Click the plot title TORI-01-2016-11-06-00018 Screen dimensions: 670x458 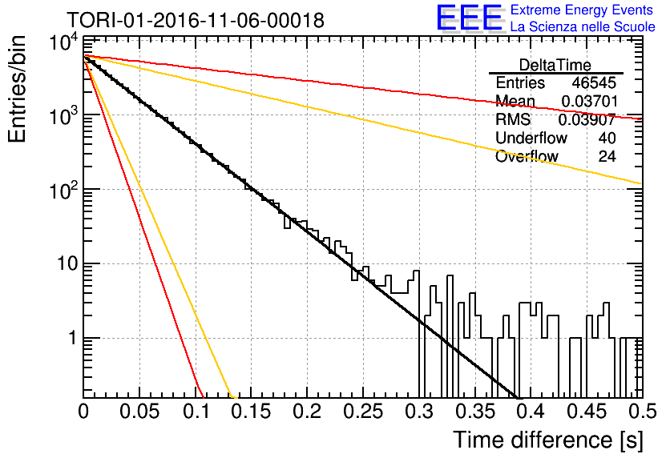tap(196, 20)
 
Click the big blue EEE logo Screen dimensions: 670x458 tap(469, 18)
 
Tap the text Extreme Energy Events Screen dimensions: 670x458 tap(582, 10)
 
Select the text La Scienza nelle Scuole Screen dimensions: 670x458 tap(583, 26)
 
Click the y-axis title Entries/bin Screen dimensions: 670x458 tap(17, 89)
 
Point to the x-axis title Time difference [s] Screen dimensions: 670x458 tap(548, 440)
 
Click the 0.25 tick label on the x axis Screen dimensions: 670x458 tap(363, 412)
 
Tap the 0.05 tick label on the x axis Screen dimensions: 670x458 tap(139, 412)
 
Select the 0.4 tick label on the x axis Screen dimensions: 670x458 tap(531, 412)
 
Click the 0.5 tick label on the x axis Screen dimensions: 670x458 tap(643, 412)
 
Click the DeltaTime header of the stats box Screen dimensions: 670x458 tap(555, 65)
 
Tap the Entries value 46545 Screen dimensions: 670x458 tap(594, 82)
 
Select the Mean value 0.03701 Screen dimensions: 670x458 tap(590, 101)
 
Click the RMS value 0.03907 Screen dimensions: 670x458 tap(587, 119)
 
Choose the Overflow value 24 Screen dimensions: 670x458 tap(607, 156)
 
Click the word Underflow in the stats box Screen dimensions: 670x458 tap(531, 138)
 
